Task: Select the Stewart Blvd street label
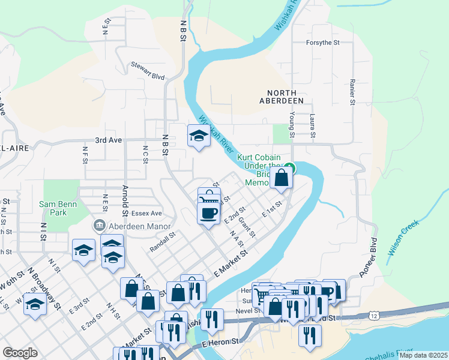pos(148,68)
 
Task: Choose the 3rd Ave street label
pos(108,140)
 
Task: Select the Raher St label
pos(352,91)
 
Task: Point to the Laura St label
pos(312,126)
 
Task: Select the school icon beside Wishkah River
pos(198,136)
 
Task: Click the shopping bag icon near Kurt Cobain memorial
pos(282,178)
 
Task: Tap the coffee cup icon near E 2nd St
pos(208,213)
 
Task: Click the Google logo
pos(20,353)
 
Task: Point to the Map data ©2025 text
pos(423,355)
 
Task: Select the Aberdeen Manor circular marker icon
pos(98,226)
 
